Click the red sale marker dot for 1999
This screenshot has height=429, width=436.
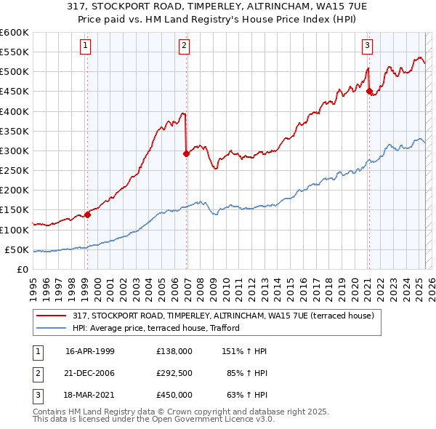87,214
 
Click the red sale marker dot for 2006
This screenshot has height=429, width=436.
186,153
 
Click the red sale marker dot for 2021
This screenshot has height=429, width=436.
369,92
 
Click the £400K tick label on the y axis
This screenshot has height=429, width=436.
15,111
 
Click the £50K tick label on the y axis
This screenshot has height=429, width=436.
17,250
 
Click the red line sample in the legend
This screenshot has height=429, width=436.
52,316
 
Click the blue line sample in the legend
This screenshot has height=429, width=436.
52,328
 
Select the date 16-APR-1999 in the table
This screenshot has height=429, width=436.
89,350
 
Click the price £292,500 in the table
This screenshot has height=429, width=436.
174,374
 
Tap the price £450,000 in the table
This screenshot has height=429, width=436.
174,396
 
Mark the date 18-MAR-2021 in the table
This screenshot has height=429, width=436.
89,396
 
